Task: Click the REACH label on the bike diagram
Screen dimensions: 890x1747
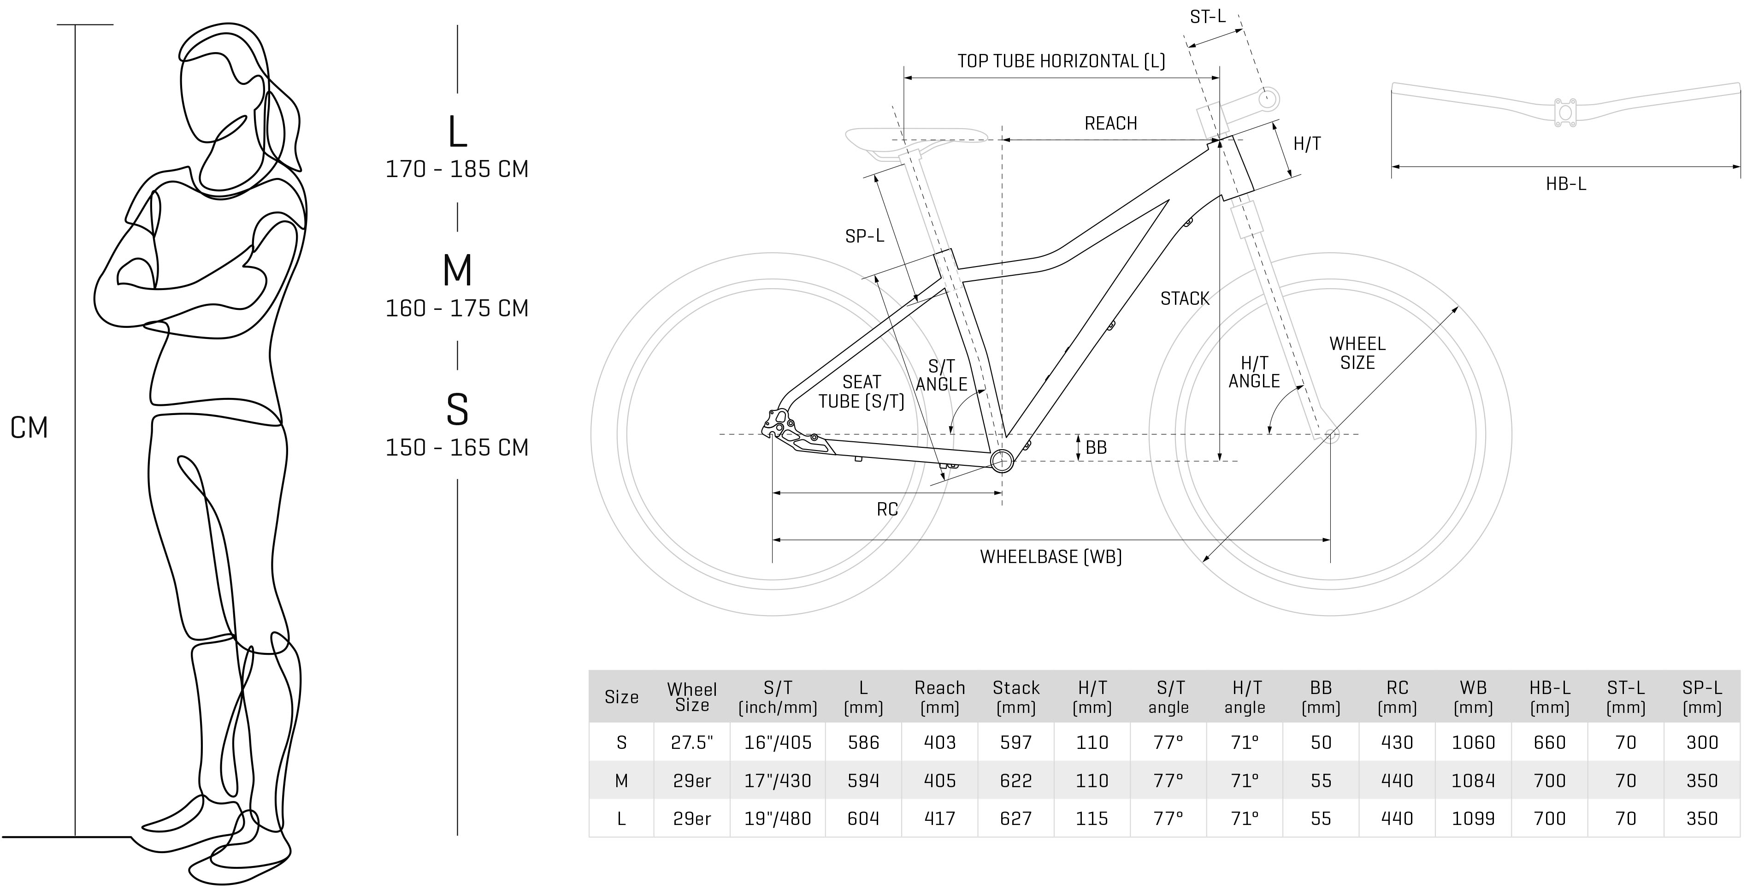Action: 1110,124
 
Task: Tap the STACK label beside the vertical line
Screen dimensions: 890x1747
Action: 1184,298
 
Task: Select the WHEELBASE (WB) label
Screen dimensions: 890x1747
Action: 1051,557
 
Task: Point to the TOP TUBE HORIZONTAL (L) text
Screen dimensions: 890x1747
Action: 1061,61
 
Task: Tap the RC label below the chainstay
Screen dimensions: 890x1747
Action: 886,510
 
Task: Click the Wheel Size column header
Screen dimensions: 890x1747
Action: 692,697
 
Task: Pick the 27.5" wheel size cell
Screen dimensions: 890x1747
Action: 692,743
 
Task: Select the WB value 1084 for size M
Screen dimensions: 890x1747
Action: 1473,781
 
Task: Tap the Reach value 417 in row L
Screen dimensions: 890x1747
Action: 939,819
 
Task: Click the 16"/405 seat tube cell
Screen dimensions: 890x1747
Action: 777,743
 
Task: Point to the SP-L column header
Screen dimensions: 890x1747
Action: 1701,697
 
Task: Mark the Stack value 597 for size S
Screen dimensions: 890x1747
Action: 1015,743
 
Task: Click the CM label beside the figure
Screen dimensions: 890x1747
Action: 29,428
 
